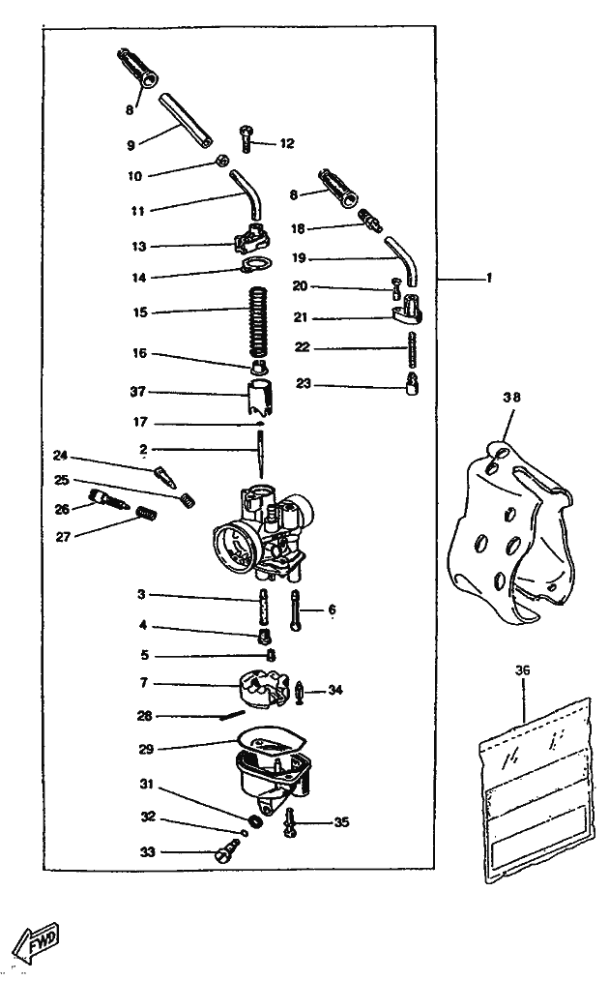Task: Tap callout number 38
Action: [510, 397]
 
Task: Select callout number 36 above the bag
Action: [523, 669]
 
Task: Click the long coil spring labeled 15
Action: [258, 312]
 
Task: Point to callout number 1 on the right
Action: [489, 278]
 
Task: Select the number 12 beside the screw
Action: [286, 143]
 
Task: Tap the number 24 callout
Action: [60, 455]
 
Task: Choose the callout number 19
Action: [299, 258]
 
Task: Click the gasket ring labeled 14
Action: [255, 268]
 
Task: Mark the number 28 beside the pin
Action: [144, 716]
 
